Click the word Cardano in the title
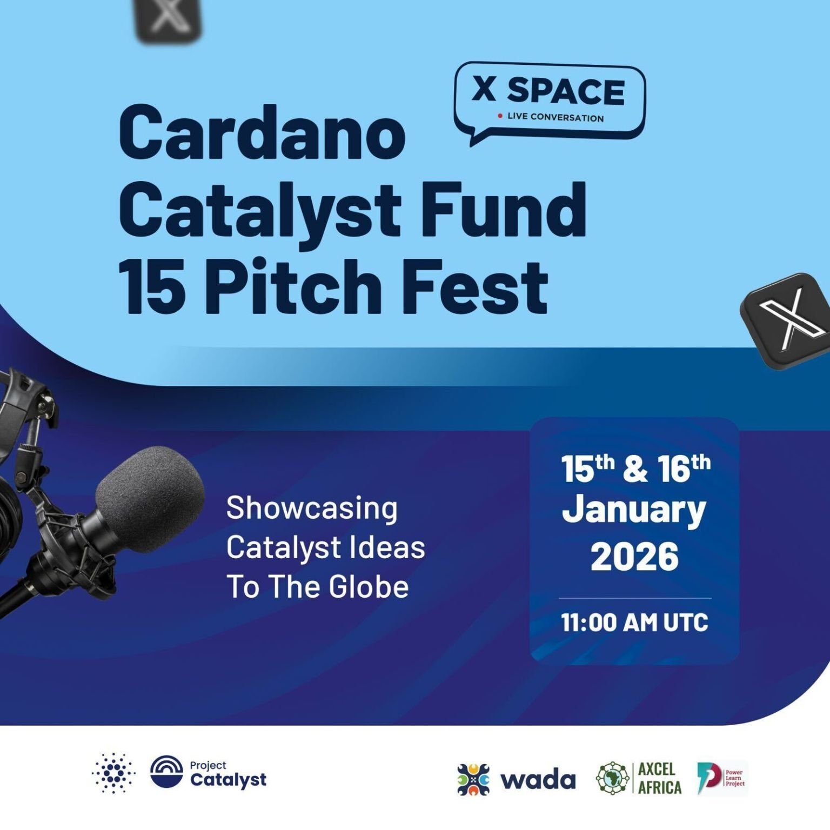coord(262,133)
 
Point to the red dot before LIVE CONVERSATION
coord(500,116)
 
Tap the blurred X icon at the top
coord(167,19)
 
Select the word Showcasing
coord(312,508)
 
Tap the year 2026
coord(634,557)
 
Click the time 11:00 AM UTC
coord(634,622)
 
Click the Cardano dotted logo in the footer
coord(113,773)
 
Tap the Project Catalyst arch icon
coord(166,772)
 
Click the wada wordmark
coord(538,780)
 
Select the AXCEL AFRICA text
coord(659,779)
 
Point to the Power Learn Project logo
coord(721,778)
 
